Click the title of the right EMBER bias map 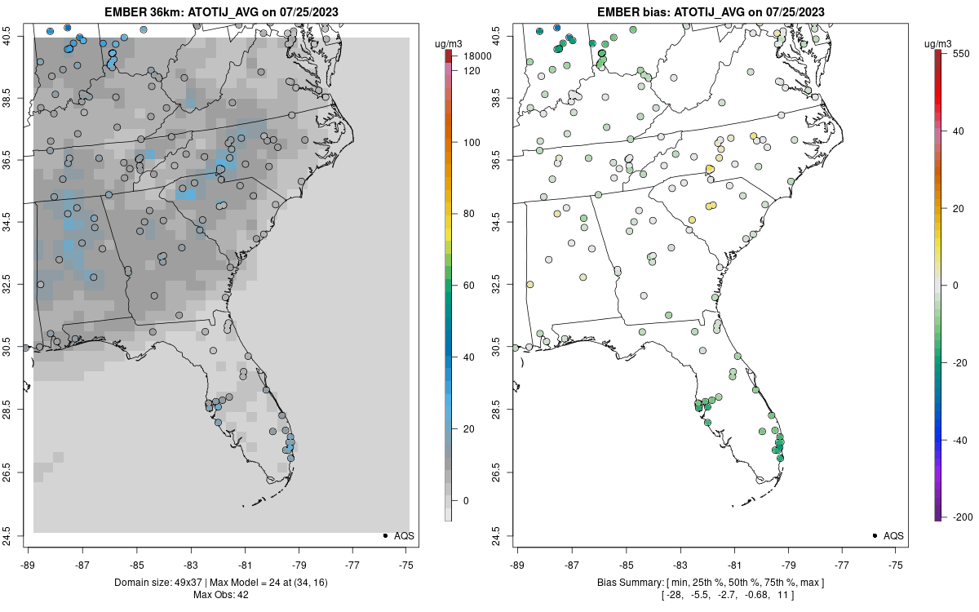pos(711,12)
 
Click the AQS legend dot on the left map pos(384,535)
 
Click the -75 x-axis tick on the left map pos(406,564)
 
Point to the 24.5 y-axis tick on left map pos(16,535)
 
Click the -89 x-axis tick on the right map pos(518,564)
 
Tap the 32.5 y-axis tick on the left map pos(16,286)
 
